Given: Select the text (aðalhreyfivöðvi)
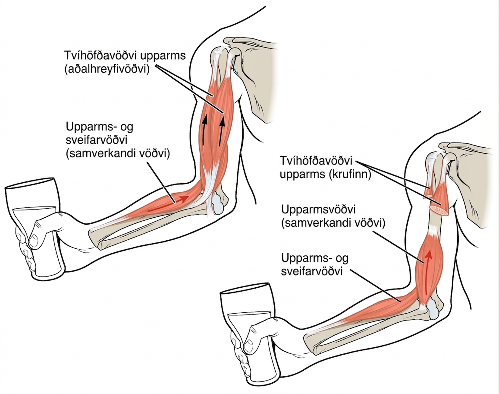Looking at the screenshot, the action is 107,69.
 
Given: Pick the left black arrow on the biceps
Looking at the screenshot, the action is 204,131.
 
